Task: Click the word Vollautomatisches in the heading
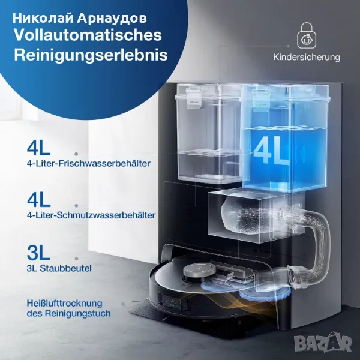coord(88,35)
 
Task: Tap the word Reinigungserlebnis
coord(91,55)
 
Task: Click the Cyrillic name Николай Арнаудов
coord(80,18)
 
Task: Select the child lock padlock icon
coord(307,35)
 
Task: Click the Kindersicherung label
coord(307,57)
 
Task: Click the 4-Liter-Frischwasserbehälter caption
coord(89,163)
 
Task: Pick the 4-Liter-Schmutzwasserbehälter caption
coord(91,215)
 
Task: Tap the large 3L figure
coord(38,253)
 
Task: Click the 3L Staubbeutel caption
coord(59,268)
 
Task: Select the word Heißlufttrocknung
coord(65,303)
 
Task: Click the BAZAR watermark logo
coord(323,344)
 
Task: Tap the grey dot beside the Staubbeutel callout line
coord(76,259)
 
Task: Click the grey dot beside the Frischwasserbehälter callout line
coord(76,154)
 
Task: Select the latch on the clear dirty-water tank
coord(193,99)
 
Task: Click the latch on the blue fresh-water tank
coord(261,100)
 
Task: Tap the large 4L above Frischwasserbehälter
coord(38,148)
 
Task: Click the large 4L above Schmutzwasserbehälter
coord(38,200)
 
